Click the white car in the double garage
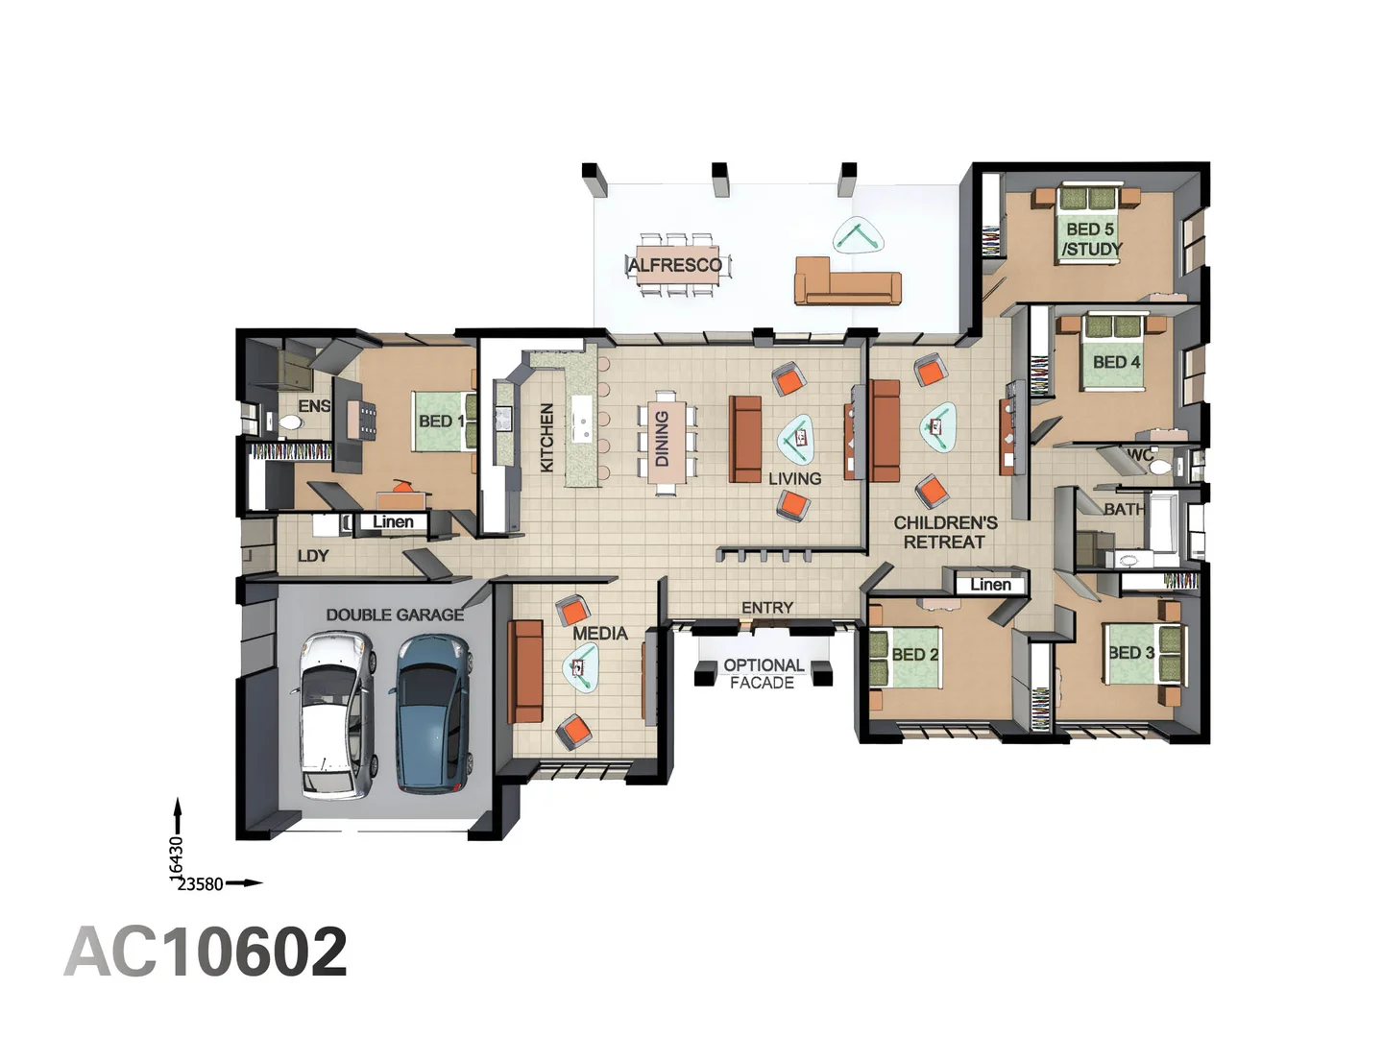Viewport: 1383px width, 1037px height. (x=334, y=714)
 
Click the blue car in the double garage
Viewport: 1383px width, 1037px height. (x=432, y=714)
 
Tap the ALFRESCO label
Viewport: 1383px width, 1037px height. (x=675, y=265)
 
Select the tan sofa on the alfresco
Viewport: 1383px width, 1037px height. (x=847, y=281)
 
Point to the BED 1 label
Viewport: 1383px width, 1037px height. (x=440, y=422)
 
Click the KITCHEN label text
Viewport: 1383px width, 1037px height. (x=547, y=437)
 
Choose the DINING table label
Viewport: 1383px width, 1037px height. (x=662, y=439)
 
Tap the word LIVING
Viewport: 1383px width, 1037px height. (x=794, y=478)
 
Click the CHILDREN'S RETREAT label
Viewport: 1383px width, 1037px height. (x=945, y=532)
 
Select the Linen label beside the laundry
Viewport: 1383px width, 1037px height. (x=393, y=522)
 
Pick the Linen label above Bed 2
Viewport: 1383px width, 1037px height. (x=989, y=584)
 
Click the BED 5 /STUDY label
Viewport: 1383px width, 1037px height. (x=1091, y=239)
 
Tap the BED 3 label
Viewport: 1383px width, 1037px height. (x=1130, y=653)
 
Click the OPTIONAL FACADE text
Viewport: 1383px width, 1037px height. (x=764, y=673)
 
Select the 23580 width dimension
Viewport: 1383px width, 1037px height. (x=200, y=884)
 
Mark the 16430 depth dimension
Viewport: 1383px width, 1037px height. (x=176, y=856)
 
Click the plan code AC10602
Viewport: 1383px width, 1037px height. (x=206, y=953)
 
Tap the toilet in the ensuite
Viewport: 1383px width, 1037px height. (x=289, y=422)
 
